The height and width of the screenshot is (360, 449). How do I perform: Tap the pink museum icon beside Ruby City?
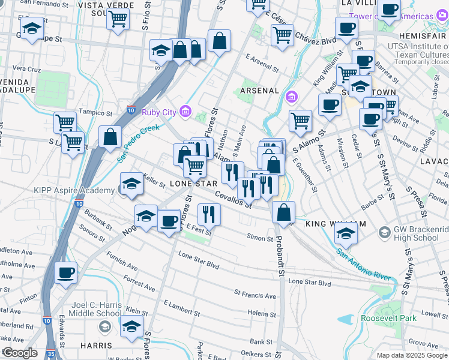[185, 111]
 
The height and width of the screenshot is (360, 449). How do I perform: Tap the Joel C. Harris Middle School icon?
[105, 327]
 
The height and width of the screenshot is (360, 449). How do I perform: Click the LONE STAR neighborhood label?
[193, 183]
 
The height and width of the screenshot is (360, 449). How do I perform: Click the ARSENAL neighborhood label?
[259, 91]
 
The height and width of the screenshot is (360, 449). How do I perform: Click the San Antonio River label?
[364, 264]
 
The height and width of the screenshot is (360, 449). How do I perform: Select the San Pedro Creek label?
[139, 144]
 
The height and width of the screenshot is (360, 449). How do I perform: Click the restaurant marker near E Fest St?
[209, 214]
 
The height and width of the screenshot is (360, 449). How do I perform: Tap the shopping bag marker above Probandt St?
[283, 211]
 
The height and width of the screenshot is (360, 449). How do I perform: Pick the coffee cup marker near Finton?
[66, 272]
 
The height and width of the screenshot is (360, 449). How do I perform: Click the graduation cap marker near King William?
[346, 233]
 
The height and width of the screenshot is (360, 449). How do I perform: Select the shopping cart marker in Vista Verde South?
[118, 18]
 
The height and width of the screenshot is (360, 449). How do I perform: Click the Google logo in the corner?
[19, 352]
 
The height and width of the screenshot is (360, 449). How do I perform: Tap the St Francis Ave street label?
[255, 295]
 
